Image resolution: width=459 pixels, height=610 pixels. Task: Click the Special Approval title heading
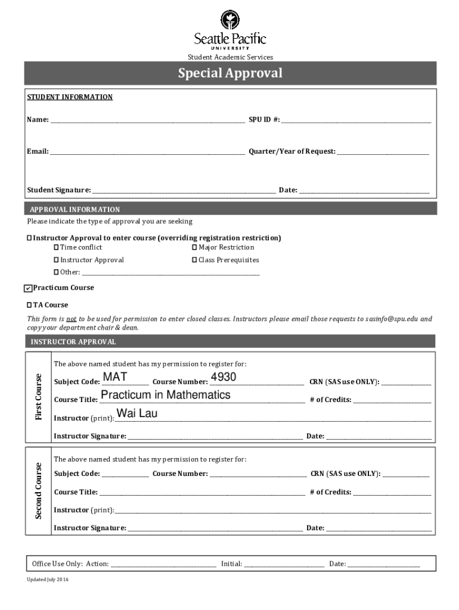(229, 73)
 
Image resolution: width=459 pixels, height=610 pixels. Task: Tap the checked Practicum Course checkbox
(28, 288)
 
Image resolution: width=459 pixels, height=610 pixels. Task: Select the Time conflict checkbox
(57, 247)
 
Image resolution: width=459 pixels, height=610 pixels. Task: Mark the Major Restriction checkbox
(194, 247)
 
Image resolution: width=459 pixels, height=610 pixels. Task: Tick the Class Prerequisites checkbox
(194, 260)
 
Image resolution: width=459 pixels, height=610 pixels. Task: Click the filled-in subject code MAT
(115, 377)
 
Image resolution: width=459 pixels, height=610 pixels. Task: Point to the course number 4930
(224, 377)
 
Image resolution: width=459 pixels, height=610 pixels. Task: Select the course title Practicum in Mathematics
(166, 395)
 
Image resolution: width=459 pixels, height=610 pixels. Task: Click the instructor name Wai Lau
(137, 413)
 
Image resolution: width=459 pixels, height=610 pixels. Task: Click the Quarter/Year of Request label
(292, 151)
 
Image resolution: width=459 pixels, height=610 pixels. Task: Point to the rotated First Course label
(38, 397)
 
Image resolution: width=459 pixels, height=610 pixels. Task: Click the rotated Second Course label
(38, 490)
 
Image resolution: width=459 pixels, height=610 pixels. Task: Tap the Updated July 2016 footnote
(48, 580)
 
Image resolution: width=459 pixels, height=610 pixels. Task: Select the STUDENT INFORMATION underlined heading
(70, 97)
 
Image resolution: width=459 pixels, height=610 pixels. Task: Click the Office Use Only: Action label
(70, 564)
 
